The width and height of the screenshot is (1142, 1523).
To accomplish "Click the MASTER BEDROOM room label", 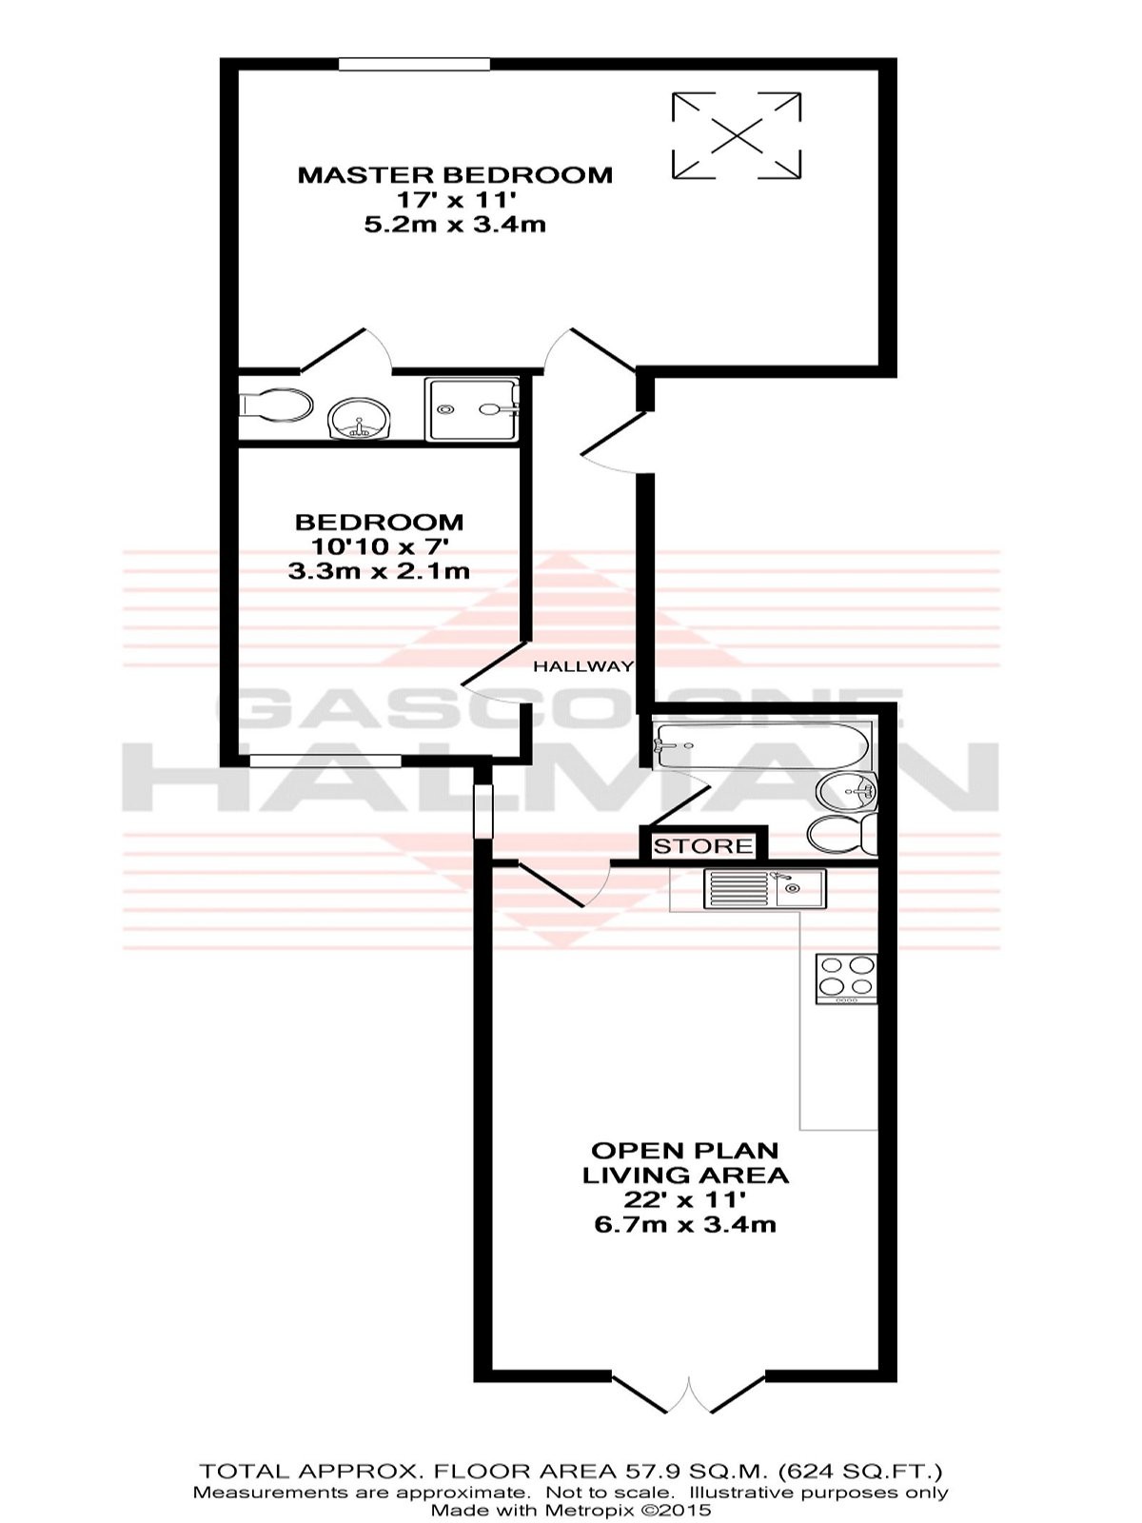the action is click(455, 174).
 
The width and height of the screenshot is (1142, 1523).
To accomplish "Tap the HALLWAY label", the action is click(582, 667).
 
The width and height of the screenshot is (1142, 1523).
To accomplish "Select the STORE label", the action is click(703, 846).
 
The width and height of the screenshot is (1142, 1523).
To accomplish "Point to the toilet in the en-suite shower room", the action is click(275, 407).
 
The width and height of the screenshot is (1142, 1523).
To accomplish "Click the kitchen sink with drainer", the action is click(765, 889).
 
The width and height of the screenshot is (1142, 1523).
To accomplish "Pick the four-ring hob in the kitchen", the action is click(847, 979).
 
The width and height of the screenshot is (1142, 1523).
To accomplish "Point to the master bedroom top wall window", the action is click(415, 64).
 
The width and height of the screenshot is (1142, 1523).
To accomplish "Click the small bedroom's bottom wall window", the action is click(325, 761).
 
